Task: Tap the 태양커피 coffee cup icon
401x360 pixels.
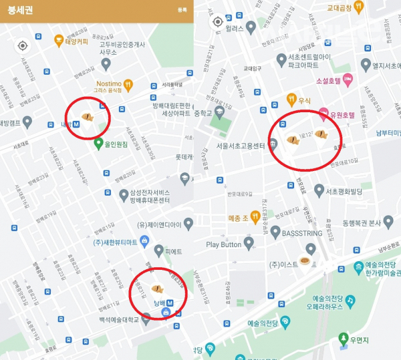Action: (x=59, y=39)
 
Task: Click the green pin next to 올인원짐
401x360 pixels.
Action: (x=98, y=143)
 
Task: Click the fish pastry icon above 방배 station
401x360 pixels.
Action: (x=158, y=289)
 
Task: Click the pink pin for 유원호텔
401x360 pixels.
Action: (x=323, y=113)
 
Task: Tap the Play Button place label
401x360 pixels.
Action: (x=223, y=244)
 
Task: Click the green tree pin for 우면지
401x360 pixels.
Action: (x=344, y=339)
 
